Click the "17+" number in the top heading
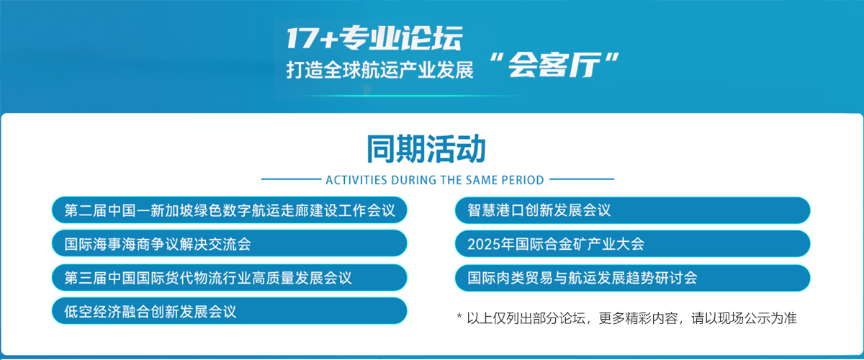click(x=312, y=38)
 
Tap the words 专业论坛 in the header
click(x=401, y=38)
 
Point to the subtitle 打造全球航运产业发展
click(x=379, y=70)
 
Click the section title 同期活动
click(x=426, y=149)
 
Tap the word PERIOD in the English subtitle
click(x=523, y=180)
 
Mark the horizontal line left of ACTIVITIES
click(x=291, y=179)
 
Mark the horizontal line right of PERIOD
click(x=582, y=179)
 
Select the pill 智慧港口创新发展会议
click(x=632, y=210)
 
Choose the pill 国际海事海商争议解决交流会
click(x=230, y=243)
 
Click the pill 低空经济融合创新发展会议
click(x=230, y=311)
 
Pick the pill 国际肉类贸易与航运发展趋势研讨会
click(x=632, y=278)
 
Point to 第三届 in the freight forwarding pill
click(x=85, y=278)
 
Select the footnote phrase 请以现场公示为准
click(x=744, y=318)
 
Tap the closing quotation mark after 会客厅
click(x=612, y=58)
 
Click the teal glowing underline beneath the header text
click(x=409, y=95)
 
